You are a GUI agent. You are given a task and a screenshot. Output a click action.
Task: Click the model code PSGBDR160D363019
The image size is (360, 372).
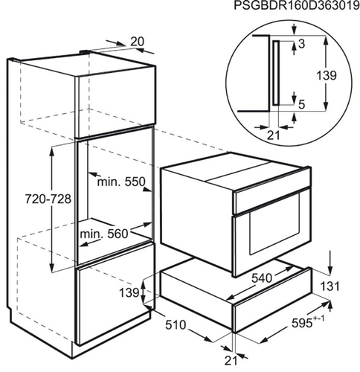[x=297, y=6]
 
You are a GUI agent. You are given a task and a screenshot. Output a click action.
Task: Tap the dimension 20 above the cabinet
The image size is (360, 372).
[x=137, y=42]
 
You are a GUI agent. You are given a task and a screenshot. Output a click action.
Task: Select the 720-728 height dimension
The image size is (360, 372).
[x=48, y=199]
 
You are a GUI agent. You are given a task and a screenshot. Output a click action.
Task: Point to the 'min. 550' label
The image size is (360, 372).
[x=121, y=182]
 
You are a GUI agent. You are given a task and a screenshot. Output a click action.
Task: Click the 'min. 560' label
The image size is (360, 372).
[x=104, y=234]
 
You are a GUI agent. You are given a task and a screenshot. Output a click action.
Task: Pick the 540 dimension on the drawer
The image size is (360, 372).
[x=262, y=278]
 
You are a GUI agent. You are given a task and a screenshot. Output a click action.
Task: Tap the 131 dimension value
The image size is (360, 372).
[x=330, y=286]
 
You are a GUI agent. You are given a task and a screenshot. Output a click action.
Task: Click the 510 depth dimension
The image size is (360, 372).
[x=176, y=325]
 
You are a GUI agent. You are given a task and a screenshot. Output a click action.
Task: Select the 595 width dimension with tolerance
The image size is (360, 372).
[x=308, y=322]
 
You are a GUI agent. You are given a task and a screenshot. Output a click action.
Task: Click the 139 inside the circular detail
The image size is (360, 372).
[x=327, y=75]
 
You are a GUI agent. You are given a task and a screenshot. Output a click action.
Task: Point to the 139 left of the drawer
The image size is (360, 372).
[x=129, y=292]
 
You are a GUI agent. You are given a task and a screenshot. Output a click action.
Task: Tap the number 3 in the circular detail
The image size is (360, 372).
[x=302, y=44]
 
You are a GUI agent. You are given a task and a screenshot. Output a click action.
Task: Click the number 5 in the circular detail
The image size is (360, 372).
[x=301, y=105]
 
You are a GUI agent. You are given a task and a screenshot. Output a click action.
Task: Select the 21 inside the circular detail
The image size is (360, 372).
[x=273, y=135]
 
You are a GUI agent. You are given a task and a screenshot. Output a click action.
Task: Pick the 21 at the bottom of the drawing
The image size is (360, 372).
[x=231, y=361]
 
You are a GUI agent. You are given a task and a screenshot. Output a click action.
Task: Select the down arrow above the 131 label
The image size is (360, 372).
[x=330, y=263]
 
